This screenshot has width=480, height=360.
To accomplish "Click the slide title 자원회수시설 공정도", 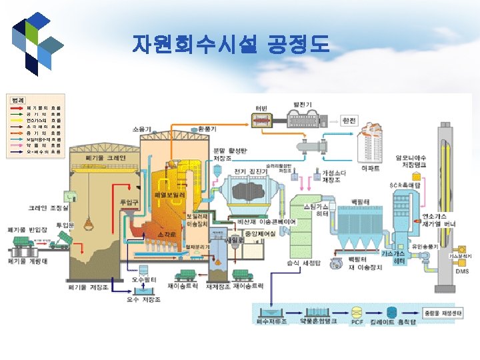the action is click(230, 45).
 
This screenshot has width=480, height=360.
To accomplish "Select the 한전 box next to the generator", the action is click(348, 121).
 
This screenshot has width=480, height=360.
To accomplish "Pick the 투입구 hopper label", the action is click(128, 201).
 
